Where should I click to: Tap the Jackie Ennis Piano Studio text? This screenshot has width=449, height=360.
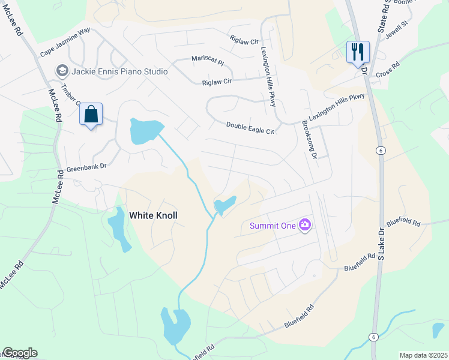[x=119, y=71]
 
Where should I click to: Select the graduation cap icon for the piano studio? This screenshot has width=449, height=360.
[x=62, y=71]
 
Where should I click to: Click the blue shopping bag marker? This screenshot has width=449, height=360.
[x=91, y=114]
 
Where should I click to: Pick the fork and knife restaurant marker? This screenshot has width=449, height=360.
[x=358, y=51]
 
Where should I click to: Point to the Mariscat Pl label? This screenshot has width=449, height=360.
[x=207, y=61]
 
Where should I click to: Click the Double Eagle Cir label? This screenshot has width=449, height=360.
[x=250, y=128]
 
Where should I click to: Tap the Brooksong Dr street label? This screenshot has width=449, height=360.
[x=310, y=139]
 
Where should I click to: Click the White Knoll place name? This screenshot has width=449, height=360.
[x=154, y=215]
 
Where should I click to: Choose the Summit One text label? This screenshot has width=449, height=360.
[x=273, y=226]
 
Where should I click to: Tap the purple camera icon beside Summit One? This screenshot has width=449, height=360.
[x=306, y=225]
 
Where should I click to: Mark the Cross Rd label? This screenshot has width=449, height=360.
[x=387, y=70]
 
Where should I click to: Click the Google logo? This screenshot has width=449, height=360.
[x=20, y=353]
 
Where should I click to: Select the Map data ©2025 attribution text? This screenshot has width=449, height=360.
[x=423, y=355]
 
